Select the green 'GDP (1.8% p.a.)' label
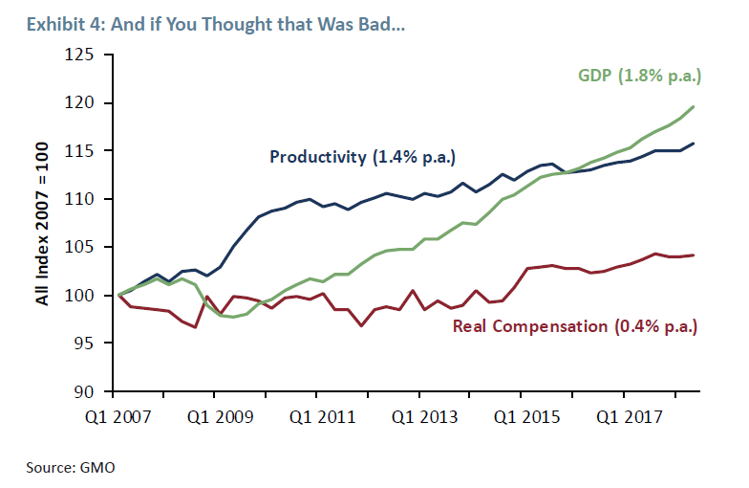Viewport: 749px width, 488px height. [639, 75]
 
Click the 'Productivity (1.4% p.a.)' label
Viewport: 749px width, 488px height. [362, 157]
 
